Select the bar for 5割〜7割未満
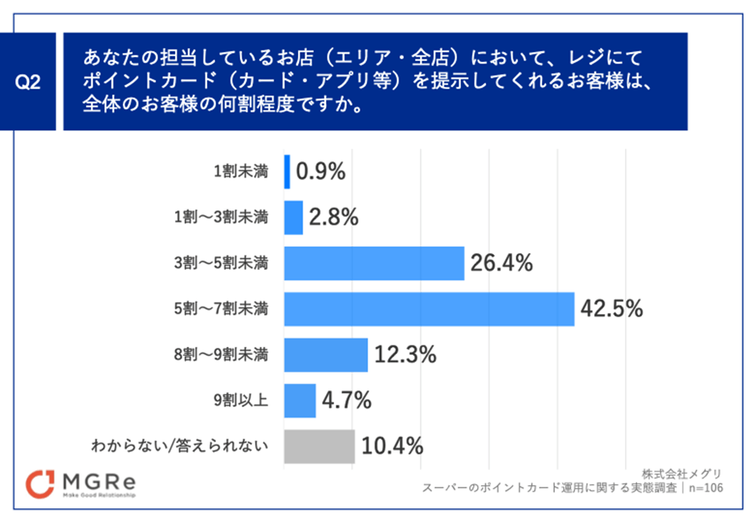tap(429, 309)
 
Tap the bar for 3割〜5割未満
tap(374, 263)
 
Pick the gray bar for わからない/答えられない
tap(319, 447)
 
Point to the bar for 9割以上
tap(300, 401)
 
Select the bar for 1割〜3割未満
tap(293, 218)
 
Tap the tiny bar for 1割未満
tap(287, 172)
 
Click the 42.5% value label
tap(612, 309)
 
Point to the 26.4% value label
tap(502, 263)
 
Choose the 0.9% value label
tap(320, 172)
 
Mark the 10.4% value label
tap(392, 447)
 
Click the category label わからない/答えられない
tap(179, 447)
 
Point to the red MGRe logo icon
tap(40, 483)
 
